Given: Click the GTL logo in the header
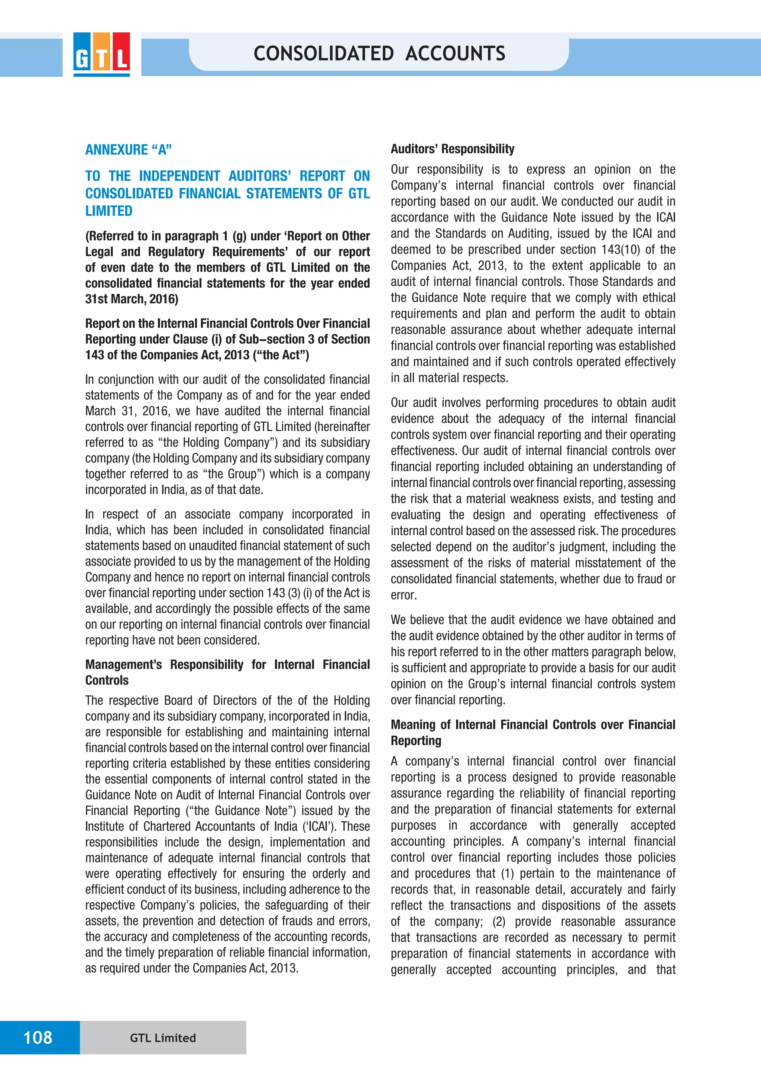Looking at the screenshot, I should [x=101, y=54].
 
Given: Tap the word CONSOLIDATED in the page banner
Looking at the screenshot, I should [x=323, y=54].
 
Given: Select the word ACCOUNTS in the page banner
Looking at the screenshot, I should [x=455, y=54].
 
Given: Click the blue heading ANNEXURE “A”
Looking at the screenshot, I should [x=129, y=150].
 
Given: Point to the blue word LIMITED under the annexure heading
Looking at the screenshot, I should [x=109, y=211].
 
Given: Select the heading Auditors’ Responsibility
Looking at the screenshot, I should [x=452, y=149].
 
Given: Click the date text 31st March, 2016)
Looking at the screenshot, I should [x=132, y=299].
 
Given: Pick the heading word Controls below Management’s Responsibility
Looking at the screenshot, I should [x=107, y=680].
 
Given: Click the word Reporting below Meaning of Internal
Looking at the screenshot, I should [x=416, y=740].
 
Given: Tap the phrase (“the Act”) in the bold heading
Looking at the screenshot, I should [x=281, y=355].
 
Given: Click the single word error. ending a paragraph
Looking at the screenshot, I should [x=404, y=595].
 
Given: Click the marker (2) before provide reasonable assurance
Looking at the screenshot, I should [x=499, y=921].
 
